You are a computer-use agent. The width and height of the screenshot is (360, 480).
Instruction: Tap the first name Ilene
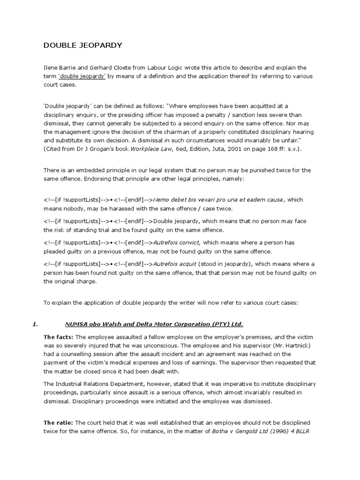50,67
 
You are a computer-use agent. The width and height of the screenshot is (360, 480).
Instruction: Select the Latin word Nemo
161,200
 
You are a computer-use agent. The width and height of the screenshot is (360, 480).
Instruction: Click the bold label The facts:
58,337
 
